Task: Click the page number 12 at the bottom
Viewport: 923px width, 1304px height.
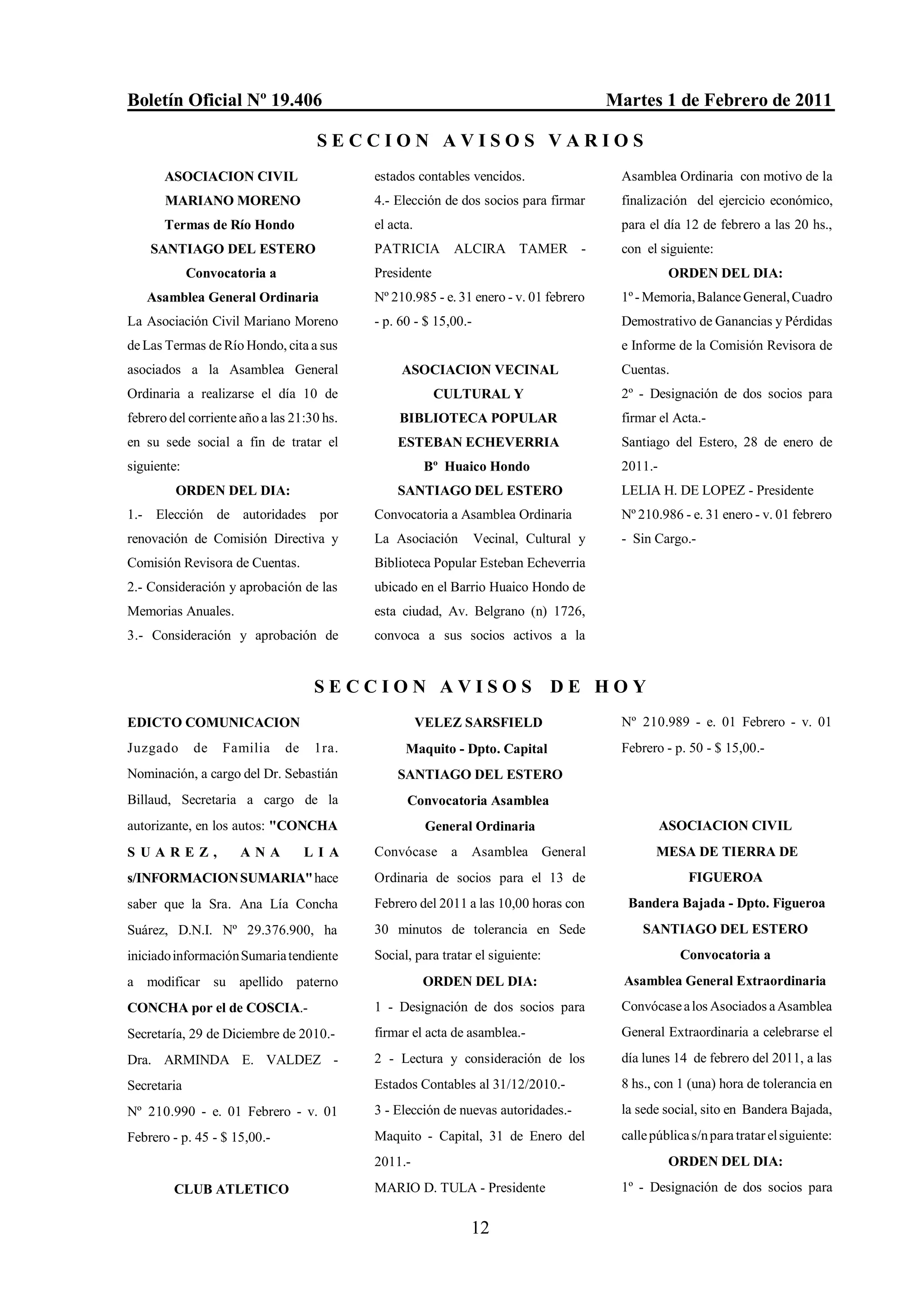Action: point(480,1227)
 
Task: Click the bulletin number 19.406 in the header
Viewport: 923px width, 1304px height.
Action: point(297,100)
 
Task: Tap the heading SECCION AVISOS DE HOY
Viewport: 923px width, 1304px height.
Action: point(481,686)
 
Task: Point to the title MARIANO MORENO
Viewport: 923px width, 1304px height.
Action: point(233,201)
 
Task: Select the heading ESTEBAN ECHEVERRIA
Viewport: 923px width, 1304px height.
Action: point(479,442)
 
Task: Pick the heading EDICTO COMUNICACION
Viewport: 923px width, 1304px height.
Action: point(213,723)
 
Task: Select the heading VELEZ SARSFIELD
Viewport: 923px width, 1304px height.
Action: point(479,723)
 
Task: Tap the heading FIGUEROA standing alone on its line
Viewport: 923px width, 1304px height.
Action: point(725,878)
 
